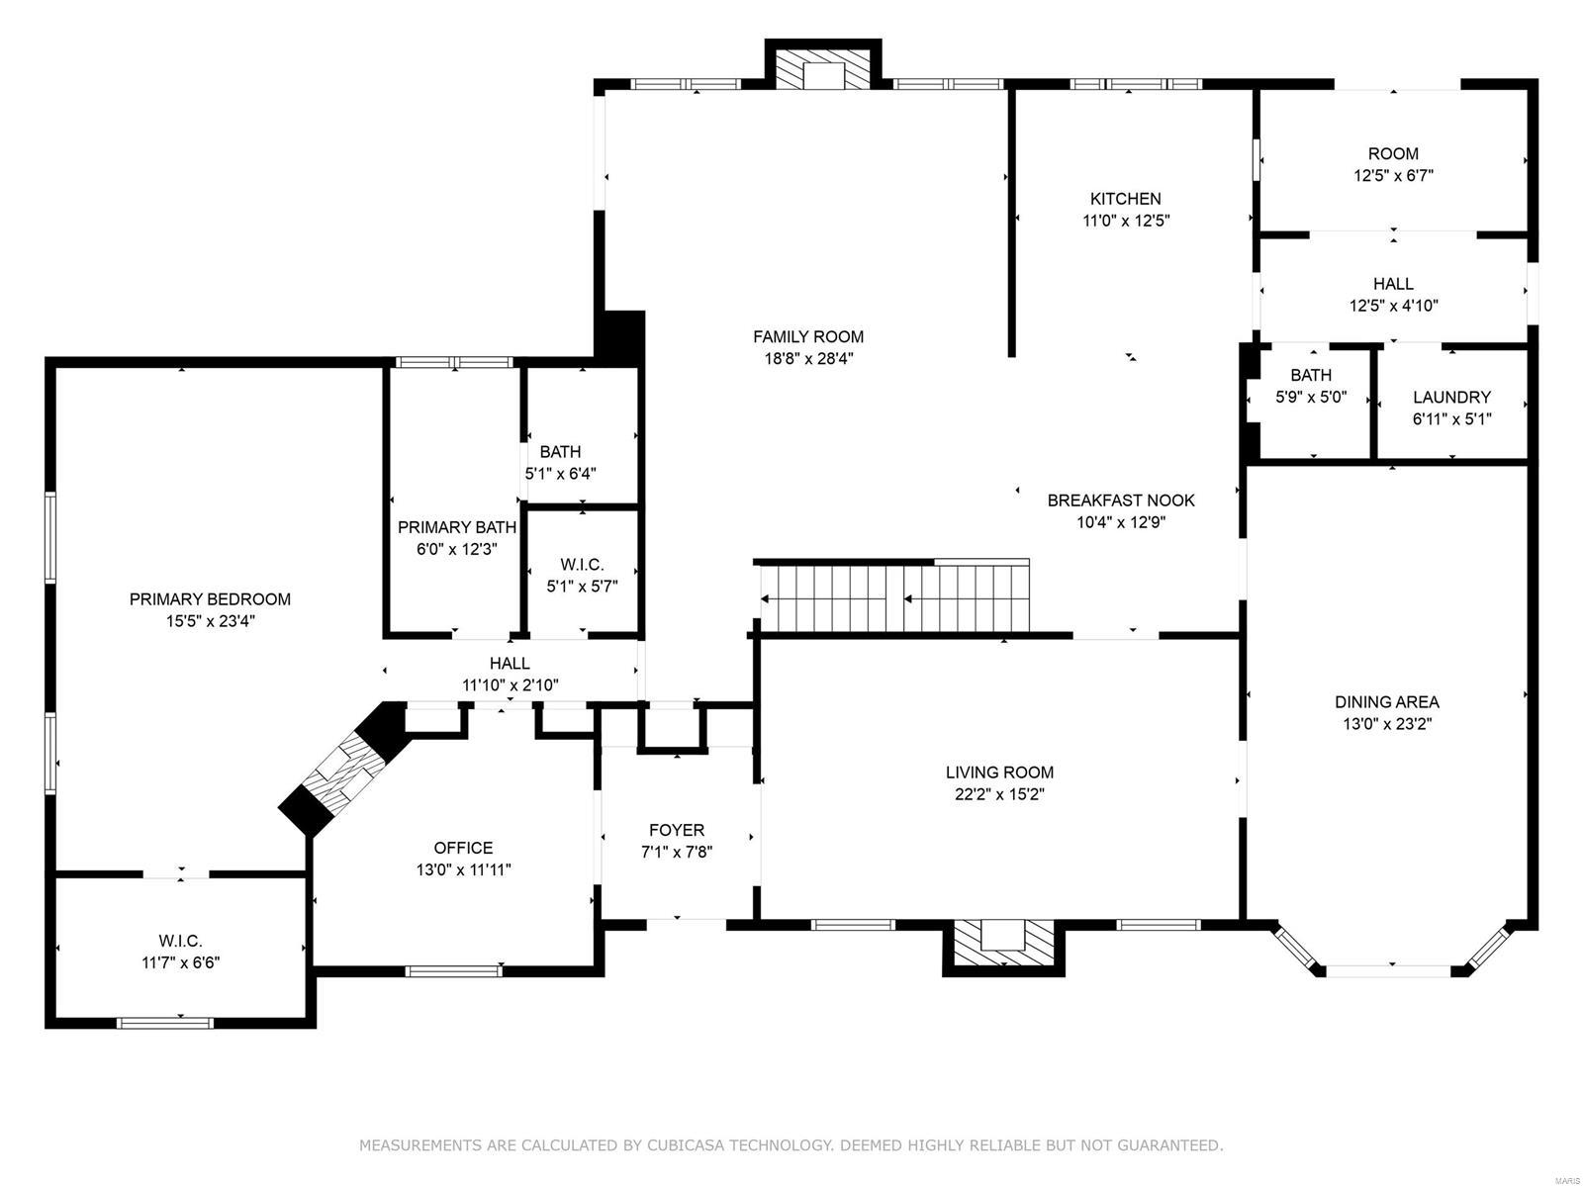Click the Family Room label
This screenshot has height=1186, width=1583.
(808, 337)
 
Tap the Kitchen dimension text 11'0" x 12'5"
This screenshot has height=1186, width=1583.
(1126, 221)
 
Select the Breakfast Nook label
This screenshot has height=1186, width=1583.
(1121, 501)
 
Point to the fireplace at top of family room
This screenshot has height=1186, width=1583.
(822, 70)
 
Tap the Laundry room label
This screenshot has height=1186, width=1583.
(1451, 398)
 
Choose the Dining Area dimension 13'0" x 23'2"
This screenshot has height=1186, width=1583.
(1386, 723)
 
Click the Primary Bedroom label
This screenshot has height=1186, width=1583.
(210, 599)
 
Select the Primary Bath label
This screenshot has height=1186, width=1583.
(456, 528)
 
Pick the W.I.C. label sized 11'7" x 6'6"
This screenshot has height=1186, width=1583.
(180, 941)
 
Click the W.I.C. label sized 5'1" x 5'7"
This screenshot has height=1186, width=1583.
(582, 565)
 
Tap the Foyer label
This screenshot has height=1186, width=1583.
(677, 831)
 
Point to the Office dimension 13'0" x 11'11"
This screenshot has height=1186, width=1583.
(463, 869)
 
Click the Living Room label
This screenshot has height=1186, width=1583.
(999, 773)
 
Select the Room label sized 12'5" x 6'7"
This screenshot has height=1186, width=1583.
(1393, 154)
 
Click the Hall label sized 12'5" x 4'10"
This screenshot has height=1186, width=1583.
(1393, 285)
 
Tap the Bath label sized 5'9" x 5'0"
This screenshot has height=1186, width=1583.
(1311, 376)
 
